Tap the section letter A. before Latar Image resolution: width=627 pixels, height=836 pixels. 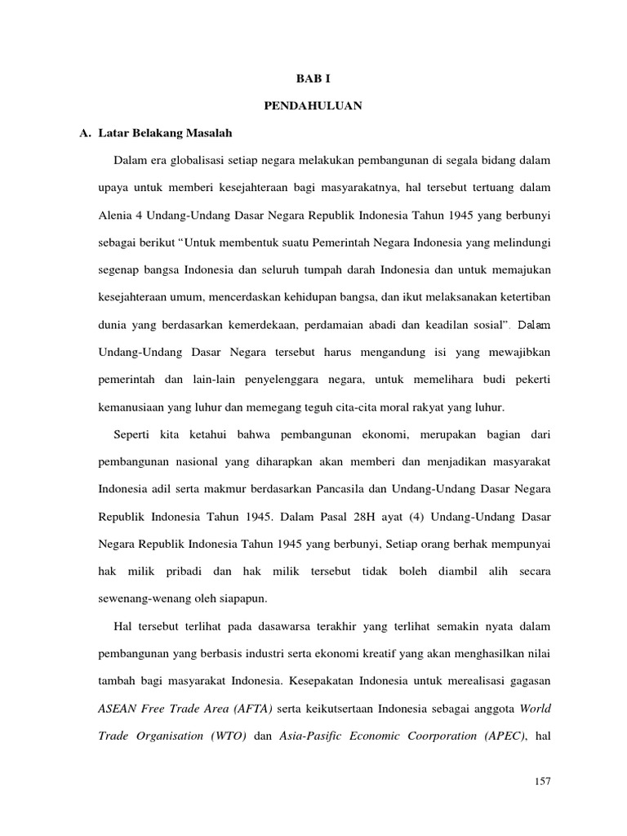point(82,131)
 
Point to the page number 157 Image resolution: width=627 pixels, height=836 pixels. point(543,781)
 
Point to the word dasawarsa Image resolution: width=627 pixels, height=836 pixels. point(292,628)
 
